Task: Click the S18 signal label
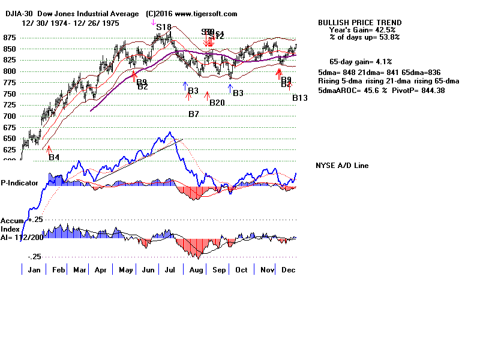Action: [164, 27]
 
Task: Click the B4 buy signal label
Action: [54, 157]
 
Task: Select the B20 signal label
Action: [217, 103]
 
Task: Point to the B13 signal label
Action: [300, 98]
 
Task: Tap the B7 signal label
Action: [194, 114]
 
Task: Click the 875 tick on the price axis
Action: [10, 37]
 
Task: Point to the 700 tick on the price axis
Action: [10, 116]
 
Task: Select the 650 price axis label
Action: [10, 139]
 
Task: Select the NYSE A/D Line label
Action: [342, 166]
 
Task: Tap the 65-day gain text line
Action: [361, 62]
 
